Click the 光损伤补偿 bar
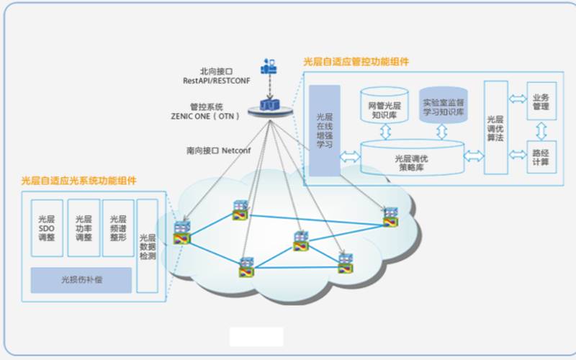[x=81, y=279]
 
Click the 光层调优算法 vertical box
[x=495, y=128]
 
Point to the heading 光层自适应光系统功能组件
[x=79, y=180]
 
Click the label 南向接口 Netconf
[x=220, y=151]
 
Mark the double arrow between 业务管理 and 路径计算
[x=541, y=130]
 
